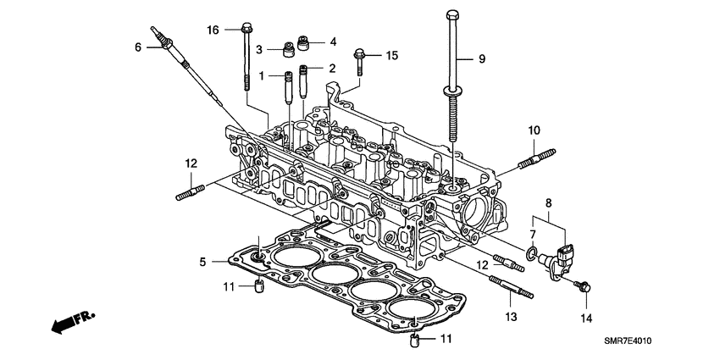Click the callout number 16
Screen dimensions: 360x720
[213, 30]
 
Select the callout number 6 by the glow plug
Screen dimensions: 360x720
[138, 47]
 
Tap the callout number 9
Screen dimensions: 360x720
[481, 58]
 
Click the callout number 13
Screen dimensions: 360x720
[509, 317]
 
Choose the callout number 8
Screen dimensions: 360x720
[549, 202]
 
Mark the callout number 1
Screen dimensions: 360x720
[263, 76]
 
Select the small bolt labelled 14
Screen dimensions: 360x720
[584, 287]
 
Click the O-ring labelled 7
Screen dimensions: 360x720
[529, 252]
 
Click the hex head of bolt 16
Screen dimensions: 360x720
[245, 26]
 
